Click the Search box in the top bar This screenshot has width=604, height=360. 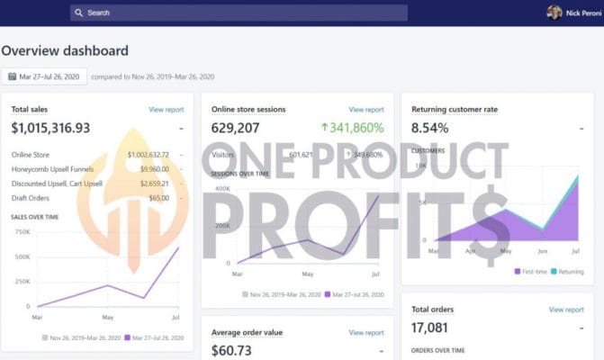pos(239,13)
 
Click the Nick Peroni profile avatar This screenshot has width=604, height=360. pos(554,13)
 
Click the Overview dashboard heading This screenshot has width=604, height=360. pos(65,51)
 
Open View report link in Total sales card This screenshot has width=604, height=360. pos(167,110)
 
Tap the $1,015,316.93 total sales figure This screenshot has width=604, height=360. pos(50,129)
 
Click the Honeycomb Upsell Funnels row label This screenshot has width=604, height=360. pos(51,168)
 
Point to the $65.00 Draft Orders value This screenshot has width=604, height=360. pos(158,197)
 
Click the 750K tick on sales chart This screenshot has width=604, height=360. pos(23,231)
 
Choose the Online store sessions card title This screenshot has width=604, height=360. pos(248,110)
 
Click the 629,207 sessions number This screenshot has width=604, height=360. pos(236,129)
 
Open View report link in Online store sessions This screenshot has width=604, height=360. pos(366,110)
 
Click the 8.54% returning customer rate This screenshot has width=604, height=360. pos(429,129)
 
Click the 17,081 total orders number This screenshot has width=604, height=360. pos(429,328)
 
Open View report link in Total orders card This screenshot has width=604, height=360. pos(566,310)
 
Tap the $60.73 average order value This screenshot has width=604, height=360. pos(232,350)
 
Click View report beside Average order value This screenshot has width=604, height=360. pos(366,332)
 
